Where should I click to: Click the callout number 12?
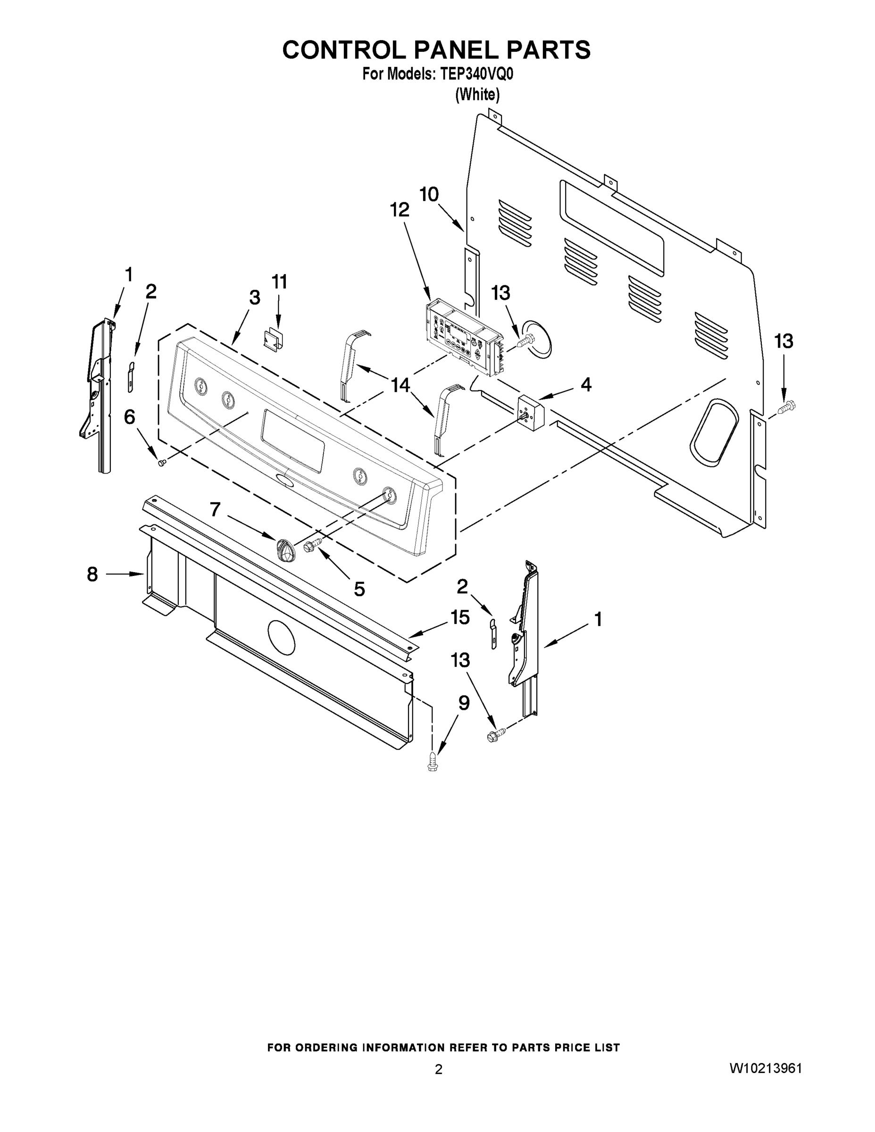coord(400,210)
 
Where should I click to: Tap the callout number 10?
coord(429,194)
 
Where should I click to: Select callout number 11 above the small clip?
coord(279,282)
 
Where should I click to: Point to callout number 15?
coord(460,617)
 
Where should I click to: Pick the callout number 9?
coord(464,703)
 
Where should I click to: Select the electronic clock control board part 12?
coord(463,337)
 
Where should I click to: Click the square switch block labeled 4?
coord(529,410)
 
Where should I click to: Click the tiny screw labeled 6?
coord(161,462)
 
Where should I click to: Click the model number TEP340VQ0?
coord(477,75)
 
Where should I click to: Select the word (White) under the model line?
coord(477,95)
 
